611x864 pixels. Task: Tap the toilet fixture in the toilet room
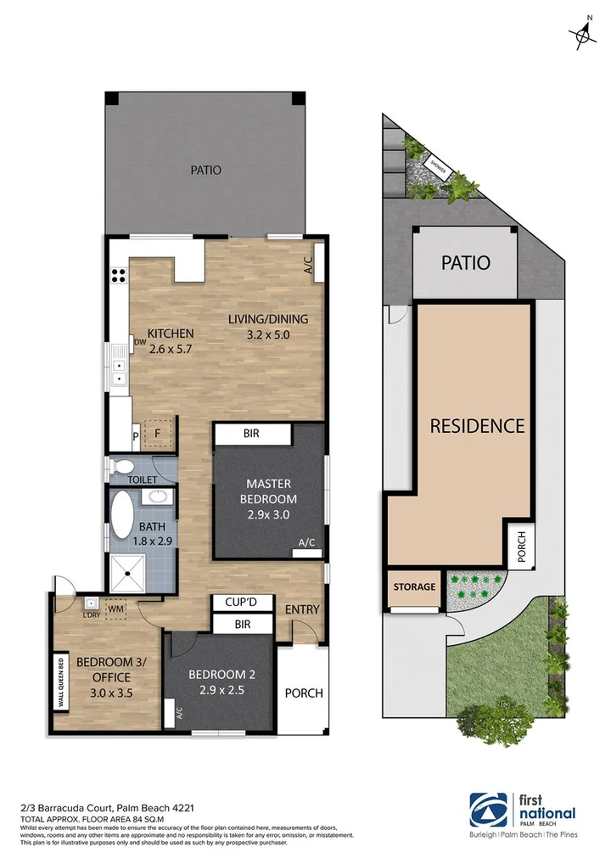[124, 466]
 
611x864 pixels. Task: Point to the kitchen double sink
[119, 372]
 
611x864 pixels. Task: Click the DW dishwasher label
[140, 343]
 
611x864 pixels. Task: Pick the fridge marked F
[156, 434]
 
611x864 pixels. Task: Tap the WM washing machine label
[115, 609]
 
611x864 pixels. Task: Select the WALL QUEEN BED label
[60, 681]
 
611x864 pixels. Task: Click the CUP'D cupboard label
[242, 603]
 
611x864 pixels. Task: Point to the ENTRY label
[301, 609]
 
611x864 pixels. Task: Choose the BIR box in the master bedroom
[251, 434]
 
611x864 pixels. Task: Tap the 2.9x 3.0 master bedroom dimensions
[267, 515]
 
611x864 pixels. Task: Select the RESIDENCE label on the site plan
[477, 425]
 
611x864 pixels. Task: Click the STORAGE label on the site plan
[415, 586]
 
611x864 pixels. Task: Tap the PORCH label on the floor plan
[303, 693]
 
